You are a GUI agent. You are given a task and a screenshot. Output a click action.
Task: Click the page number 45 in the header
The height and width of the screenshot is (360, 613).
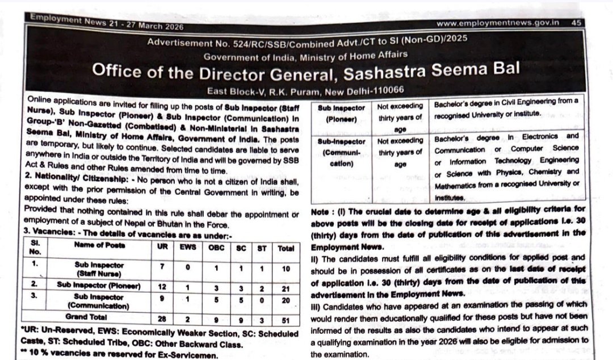coord(576,23)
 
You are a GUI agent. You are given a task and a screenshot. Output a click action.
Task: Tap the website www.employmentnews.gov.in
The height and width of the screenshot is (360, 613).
coord(499,23)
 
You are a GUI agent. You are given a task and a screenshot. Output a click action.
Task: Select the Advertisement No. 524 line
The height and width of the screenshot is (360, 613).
coord(306,42)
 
